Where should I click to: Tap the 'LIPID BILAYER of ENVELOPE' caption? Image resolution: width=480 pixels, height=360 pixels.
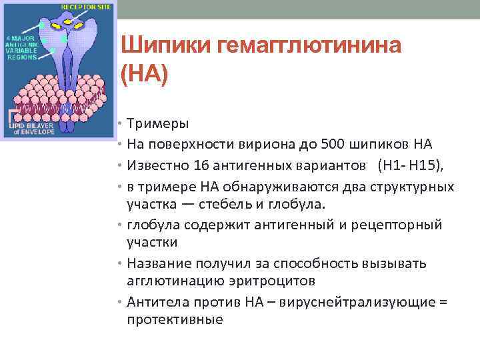click(x=31, y=128)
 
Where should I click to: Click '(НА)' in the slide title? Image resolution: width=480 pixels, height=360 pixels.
click(x=147, y=73)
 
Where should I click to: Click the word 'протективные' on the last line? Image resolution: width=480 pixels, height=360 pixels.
click(x=175, y=319)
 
